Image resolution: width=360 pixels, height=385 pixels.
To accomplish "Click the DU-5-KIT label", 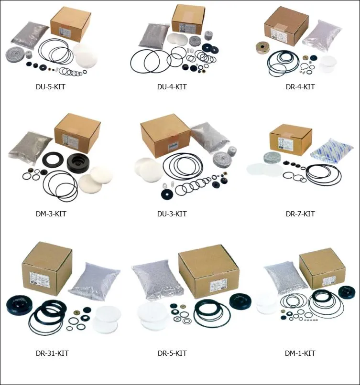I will pos(51,87).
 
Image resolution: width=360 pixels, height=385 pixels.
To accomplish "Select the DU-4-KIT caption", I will pos(172,87).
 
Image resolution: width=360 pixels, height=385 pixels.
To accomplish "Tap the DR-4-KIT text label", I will pos(300,87).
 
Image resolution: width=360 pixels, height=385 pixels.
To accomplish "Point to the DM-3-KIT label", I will pos(51,214).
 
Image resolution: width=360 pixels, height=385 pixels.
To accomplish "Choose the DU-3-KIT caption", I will pos(172,214).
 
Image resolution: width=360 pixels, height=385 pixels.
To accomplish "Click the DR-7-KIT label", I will pos(300,214).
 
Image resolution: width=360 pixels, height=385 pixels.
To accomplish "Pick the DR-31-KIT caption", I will pos(52,353).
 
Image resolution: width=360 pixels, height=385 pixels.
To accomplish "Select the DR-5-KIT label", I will pos(172,353).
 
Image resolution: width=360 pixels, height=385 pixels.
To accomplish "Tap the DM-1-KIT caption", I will pos(300,353).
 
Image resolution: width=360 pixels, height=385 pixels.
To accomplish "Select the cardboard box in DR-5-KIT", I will pos(208,271).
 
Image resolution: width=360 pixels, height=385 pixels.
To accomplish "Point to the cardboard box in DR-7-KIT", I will pos(290,139).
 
